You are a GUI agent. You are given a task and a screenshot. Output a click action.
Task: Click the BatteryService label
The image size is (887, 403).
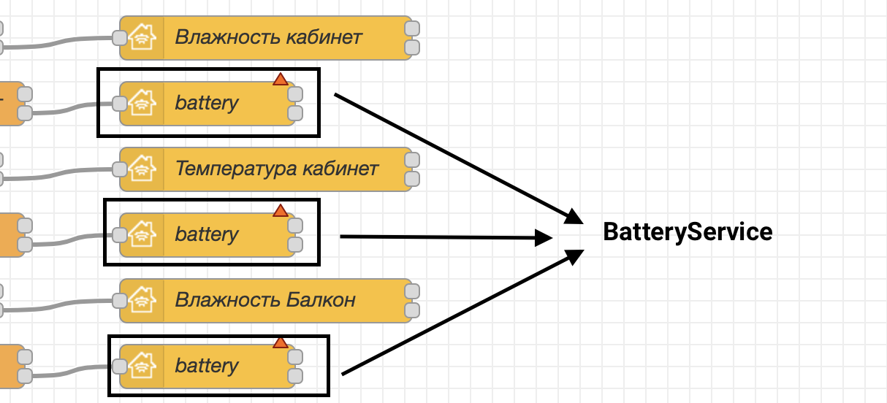pos(688,231)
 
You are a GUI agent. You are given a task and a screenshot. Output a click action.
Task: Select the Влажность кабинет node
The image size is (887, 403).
pos(266,38)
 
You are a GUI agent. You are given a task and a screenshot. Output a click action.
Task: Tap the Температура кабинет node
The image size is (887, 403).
pos(266,169)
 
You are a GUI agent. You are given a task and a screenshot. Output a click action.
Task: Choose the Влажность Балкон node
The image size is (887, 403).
pos(266,301)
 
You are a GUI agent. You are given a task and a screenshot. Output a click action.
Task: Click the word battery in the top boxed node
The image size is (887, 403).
pos(207,104)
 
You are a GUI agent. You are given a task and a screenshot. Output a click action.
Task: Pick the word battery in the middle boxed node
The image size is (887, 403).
pos(207,235)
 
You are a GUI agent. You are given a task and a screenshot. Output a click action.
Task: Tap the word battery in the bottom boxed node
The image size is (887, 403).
pos(207,366)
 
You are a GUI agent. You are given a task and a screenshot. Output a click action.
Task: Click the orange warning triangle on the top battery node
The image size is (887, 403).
pos(281,79)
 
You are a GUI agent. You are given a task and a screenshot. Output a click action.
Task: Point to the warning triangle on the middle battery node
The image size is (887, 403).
pos(281,210)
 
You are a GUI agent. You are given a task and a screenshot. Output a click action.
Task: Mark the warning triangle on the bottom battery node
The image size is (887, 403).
pos(281,342)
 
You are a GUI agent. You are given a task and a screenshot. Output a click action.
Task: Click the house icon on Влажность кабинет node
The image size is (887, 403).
pos(142,37)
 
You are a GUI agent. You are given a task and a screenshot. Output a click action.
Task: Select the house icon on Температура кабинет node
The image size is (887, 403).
pos(142,169)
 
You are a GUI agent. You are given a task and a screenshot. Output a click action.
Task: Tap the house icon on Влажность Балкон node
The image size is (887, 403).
pos(142,300)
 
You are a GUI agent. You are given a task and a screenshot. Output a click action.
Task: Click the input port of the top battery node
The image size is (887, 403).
pos(120,104)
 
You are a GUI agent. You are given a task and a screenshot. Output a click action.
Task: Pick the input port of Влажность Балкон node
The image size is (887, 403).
pos(120,301)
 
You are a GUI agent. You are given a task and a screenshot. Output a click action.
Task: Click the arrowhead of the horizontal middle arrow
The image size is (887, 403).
pos(544,238)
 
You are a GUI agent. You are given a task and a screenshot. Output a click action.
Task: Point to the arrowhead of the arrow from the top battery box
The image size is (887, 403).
pos(574,217)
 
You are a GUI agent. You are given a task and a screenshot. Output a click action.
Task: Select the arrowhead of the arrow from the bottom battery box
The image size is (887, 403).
pos(574,257)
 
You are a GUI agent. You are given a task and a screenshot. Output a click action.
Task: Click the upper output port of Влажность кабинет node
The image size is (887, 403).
pos(412,28)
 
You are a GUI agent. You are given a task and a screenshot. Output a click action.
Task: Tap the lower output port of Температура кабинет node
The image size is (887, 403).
pos(412,179)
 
